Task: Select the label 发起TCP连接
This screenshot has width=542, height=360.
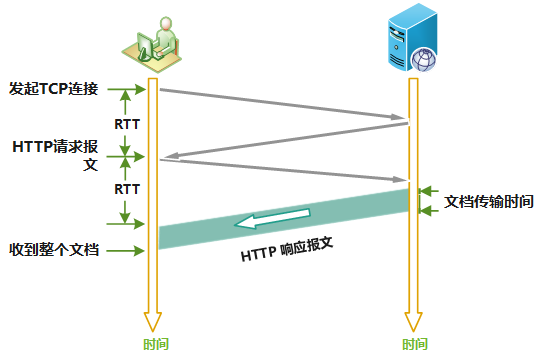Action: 53,88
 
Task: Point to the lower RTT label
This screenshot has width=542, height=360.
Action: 126,189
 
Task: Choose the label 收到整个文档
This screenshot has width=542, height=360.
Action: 53,249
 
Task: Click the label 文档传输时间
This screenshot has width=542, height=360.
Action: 489,201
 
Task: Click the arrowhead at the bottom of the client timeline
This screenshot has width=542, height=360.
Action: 152,320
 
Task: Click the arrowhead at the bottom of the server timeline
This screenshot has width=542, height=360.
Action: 412,320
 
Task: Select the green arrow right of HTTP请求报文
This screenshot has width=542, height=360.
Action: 132,155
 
